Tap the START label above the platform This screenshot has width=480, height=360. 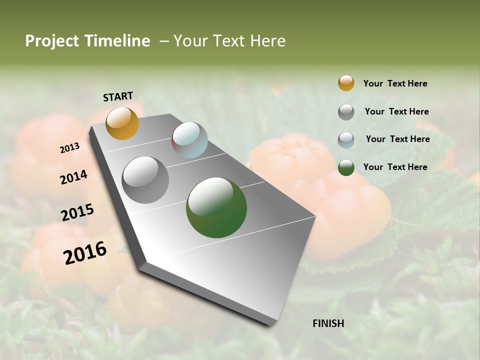(x=118, y=96)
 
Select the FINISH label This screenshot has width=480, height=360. (x=328, y=323)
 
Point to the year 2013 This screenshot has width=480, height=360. (x=70, y=148)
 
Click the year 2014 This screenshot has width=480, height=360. (x=74, y=177)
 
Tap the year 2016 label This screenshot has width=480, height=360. (x=85, y=252)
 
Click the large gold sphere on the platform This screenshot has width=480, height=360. (x=122, y=123)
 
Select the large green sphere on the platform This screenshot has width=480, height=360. (x=216, y=207)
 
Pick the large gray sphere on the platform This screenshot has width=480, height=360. (x=145, y=179)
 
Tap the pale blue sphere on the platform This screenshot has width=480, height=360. (x=189, y=140)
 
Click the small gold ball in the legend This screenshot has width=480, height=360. (x=346, y=83)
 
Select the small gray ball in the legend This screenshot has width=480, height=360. (x=346, y=112)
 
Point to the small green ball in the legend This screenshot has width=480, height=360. (x=346, y=167)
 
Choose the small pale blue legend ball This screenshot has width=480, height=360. (x=346, y=140)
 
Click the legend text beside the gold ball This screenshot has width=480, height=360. (x=395, y=83)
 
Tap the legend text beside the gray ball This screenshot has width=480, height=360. (x=396, y=111)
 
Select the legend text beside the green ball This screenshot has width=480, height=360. (x=395, y=167)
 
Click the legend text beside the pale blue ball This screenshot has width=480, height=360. (x=397, y=139)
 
